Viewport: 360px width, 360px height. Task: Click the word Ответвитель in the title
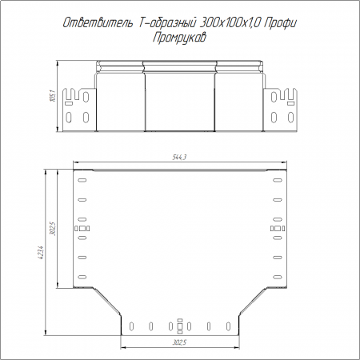pyautogui.click(x=98, y=23)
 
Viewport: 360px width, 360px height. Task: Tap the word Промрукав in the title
pyautogui.click(x=179, y=38)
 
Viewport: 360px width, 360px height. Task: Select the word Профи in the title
pyautogui.click(x=280, y=23)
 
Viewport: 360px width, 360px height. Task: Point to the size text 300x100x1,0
pyautogui.click(x=230, y=23)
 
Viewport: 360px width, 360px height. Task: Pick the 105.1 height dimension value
pyautogui.click(x=53, y=96)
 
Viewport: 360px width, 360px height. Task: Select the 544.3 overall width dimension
pyautogui.click(x=179, y=158)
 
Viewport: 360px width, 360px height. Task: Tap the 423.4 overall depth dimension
pyautogui.click(x=41, y=253)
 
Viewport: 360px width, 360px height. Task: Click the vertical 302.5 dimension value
pyautogui.click(x=53, y=229)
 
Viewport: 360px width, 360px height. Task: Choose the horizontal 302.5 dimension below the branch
pyautogui.click(x=179, y=342)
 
